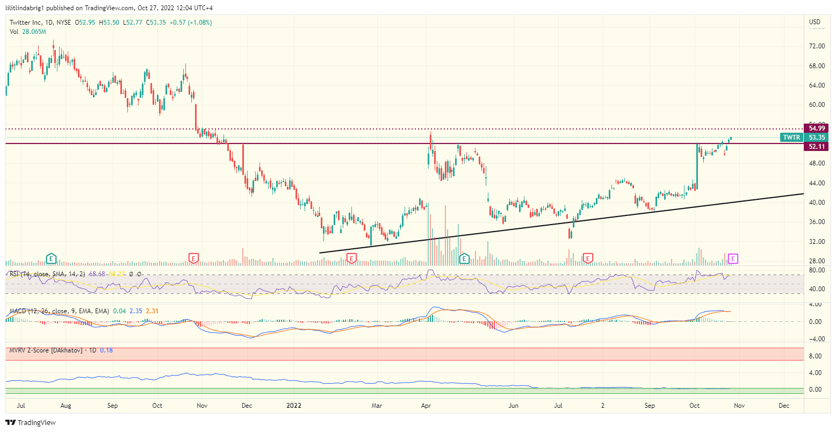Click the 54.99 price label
coord(816,128)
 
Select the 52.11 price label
coord(816,146)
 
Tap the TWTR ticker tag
coord(791,138)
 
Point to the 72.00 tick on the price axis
coord(817,46)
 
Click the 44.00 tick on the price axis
coord(817,183)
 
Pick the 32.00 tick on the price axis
coord(817,242)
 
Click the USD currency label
coord(815,22)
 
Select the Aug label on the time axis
coord(66,406)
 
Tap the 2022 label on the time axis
coord(294,406)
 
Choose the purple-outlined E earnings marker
coord(733,259)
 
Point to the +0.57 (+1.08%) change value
coord(191,23)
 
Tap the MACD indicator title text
coord(59,311)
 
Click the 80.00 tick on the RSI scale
coord(817,270)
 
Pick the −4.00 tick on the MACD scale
coord(817,339)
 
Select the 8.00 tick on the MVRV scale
coord(817,356)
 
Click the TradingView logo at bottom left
coord(31,423)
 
